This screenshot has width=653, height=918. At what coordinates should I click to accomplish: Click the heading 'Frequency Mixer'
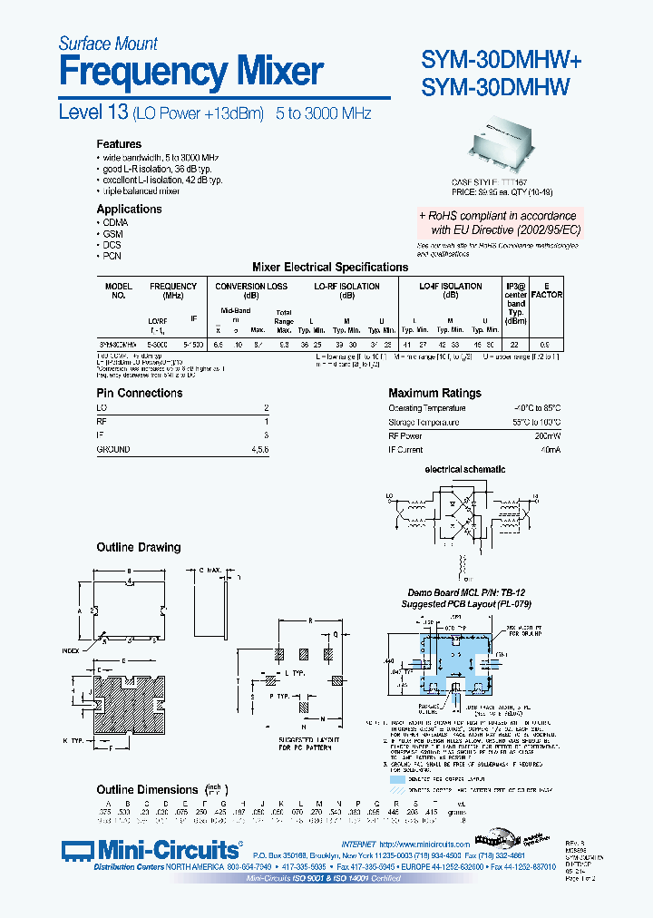point(190,71)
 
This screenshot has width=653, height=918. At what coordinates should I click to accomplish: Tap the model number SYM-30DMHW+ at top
point(502,59)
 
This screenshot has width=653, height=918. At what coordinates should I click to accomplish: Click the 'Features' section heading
point(119,144)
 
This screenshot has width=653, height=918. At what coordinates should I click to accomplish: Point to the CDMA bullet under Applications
point(115,222)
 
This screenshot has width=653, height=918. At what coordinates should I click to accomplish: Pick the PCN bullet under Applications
point(112,256)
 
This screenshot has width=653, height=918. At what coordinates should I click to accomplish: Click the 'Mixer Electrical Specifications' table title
point(329,268)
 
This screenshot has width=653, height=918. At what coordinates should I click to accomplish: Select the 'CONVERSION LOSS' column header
point(251,287)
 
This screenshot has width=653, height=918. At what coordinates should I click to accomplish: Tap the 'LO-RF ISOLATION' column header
point(346,287)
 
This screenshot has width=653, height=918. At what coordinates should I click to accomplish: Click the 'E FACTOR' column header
point(546,290)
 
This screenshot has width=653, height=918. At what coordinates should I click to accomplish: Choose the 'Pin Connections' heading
point(140,393)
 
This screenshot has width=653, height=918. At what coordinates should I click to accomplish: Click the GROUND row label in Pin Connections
point(113,450)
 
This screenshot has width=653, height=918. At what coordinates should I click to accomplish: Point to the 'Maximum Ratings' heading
point(434,393)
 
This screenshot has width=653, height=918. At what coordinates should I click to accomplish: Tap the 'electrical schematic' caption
point(465,470)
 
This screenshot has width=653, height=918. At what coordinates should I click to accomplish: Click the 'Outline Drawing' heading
point(139,548)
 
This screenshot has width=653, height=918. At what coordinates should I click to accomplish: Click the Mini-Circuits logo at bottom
point(152,850)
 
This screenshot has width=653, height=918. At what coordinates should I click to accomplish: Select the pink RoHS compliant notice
point(498,223)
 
